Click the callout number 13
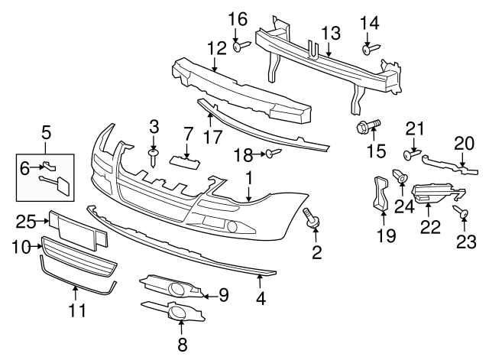pyautogui.click(x=330, y=33)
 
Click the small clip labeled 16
pyautogui.click(x=238, y=47)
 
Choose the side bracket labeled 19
pyautogui.click(x=377, y=193)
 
